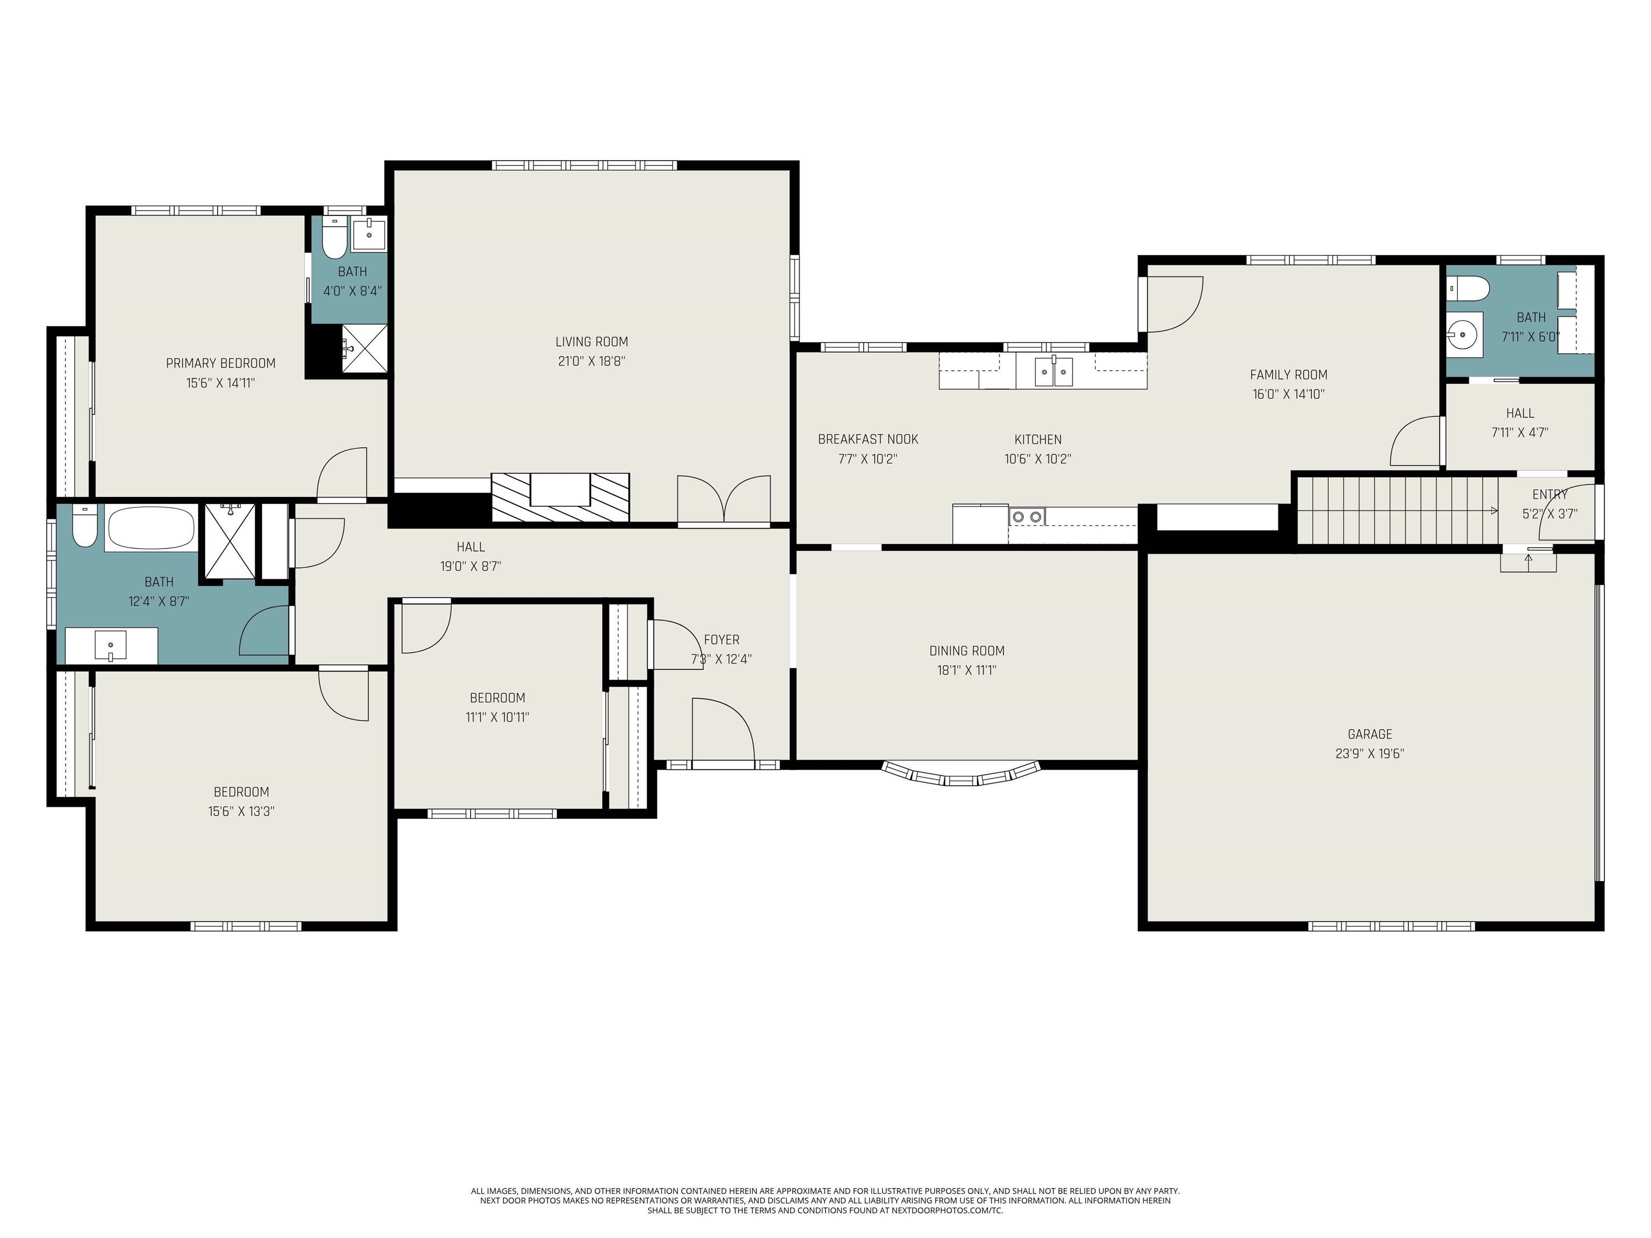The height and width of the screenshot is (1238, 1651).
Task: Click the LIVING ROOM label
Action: tap(591, 342)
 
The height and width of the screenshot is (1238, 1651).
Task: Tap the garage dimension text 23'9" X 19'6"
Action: tap(1369, 754)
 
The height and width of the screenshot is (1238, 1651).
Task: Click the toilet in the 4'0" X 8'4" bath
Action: tap(334, 239)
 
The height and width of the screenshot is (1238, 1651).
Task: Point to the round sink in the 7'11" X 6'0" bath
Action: tap(1463, 335)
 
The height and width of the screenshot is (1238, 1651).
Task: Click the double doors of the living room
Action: tap(723, 500)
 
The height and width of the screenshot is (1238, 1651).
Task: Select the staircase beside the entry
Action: tap(1396, 511)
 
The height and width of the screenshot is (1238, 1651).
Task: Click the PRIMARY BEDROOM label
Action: tap(220, 363)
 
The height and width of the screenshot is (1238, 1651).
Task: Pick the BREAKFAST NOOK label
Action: tap(867, 440)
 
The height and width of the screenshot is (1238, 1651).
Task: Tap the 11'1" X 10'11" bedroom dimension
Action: tap(497, 718)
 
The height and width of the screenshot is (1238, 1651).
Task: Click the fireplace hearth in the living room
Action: tap(560, 497)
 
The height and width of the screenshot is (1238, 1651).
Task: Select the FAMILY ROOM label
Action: tap(1288, 375)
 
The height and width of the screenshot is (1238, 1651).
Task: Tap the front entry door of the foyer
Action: tap(722, 731)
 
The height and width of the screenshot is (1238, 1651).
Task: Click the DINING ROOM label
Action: tap(966, 651)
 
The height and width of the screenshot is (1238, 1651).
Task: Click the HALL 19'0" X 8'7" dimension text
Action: tap(470, 566)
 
